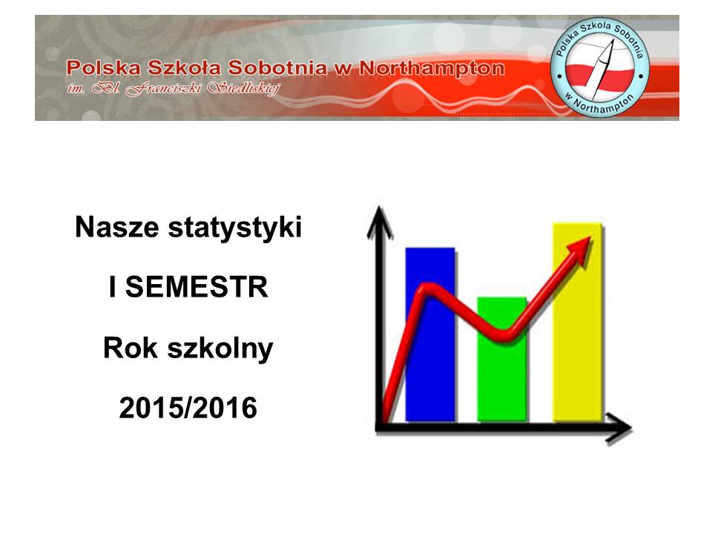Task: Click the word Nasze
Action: point(117,227)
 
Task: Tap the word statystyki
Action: point(235,228)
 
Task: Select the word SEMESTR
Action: point(197,287)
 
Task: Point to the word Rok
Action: point(131,348)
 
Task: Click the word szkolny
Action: point(220,349)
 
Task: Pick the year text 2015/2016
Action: point(188,407)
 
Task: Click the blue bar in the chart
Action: point(430,334)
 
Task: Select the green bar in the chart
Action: point(502,359)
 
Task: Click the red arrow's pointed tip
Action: point(591,237)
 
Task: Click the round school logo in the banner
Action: point(599,67)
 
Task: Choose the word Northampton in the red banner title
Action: point(432,68)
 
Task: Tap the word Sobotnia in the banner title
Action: point(277,67)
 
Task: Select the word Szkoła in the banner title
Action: point(185,67)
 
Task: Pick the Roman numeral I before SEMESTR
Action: point(112,287)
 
